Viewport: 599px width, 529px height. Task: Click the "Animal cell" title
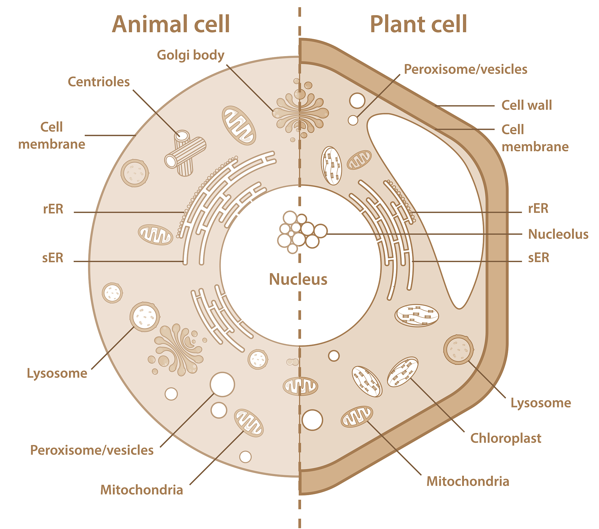coord(171,24)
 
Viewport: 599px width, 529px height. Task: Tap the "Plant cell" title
coord(418,24)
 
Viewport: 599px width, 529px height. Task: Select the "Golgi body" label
coord(190,55)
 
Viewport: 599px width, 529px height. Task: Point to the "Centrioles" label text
coord(99,82)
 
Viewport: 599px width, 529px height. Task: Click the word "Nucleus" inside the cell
coord(298,279)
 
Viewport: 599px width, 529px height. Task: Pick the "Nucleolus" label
coord(558,234)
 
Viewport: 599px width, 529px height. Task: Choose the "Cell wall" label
coord(526,105)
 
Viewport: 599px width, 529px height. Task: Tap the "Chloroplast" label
coord(505,438)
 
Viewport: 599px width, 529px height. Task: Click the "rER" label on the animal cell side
coord(53,209)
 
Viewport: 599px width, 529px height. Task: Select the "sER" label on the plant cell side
coord(538,258)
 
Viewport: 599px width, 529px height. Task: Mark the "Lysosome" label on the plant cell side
coord(541,403)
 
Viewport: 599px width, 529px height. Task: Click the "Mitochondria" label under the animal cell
coord(142,490)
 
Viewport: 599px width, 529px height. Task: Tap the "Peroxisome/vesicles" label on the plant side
coord(465,70)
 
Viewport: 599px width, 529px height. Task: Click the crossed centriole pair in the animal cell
coord(185,152)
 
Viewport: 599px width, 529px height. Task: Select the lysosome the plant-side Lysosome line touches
coord(458,349)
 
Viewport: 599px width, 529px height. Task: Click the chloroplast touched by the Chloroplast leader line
coord(403,372)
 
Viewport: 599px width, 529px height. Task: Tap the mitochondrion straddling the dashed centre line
coord(300,386)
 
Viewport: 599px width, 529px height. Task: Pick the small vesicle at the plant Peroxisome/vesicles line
coord(353,120)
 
